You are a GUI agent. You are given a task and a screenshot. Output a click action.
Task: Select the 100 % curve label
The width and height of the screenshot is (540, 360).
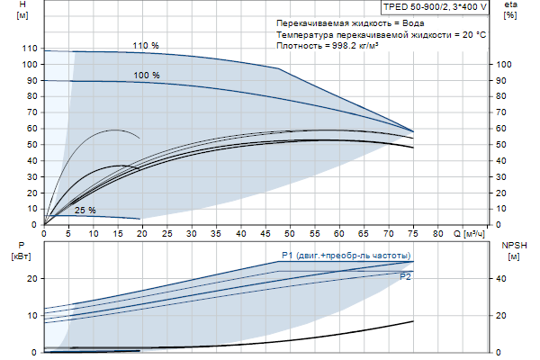point(147,76)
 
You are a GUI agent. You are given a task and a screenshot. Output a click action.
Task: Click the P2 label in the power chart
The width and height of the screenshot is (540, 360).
point(406,277)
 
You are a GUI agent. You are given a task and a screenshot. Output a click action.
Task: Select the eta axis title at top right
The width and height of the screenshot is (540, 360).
point(510,7)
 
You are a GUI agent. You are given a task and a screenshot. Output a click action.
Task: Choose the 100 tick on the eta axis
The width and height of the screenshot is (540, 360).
point(504,65)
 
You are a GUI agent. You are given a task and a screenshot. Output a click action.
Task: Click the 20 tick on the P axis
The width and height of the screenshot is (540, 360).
point(31,279)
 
